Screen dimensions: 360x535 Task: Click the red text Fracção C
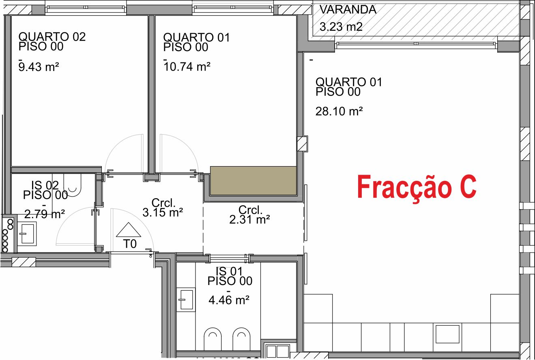(x=417, y=187)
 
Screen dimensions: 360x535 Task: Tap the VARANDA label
(x=348, y=10)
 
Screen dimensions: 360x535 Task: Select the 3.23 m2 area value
(x=341, y=28)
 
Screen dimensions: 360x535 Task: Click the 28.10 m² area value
(x=339, y=111)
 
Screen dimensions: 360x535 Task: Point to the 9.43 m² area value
(x=39, y=66)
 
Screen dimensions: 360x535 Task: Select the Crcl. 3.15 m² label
(x=163, y=208)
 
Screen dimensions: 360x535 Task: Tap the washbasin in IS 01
(x=186, y=300)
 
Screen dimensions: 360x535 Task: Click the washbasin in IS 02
(x=27, y=233)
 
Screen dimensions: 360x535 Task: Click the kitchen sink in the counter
(x=448, y=334)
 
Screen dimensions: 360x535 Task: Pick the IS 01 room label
(x=230, y=276)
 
